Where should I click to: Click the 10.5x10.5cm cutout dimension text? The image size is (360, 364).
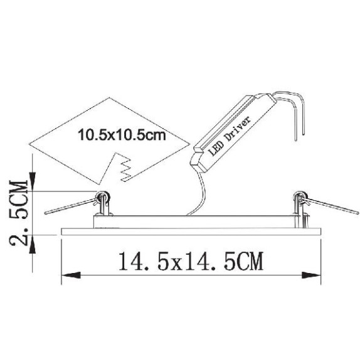coord(122,135)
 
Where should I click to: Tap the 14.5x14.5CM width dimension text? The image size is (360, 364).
coord(191,261)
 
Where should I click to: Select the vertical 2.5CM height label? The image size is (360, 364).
coord(19,213)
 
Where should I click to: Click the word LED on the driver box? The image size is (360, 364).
coord(216,149)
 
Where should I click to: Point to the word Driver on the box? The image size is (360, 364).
coord(238,129)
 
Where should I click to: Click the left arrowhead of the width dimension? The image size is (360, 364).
coord(71,276)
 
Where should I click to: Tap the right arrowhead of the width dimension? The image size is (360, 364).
coord(311,276)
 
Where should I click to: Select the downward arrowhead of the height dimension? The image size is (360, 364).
coord(32,181)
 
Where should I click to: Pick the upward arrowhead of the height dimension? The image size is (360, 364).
coord(32,245)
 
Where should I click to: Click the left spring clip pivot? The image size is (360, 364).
coord(102,197)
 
